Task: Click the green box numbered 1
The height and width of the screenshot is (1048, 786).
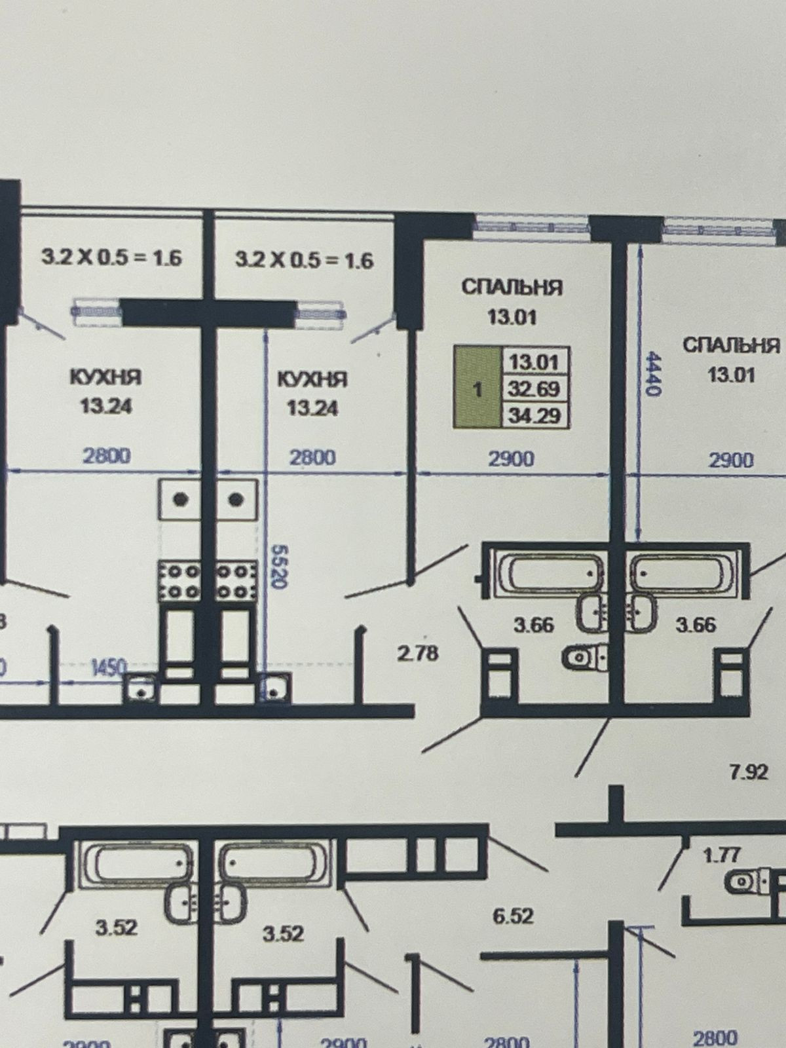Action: click(477, 388)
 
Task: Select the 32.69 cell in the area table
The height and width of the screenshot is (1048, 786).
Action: click(534, 388)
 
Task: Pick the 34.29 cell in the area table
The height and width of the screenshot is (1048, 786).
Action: click(534, 415)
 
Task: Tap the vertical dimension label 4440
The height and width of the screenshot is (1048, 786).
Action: click(653, 373)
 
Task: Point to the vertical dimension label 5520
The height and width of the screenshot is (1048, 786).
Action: click(278, 567)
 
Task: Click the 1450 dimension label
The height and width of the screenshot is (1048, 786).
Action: click(108, 667)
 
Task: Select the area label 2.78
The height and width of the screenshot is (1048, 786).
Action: click(417, 653)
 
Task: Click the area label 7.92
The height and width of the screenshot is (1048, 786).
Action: click(748, 772)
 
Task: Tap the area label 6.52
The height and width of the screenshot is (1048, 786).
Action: click(513, 915)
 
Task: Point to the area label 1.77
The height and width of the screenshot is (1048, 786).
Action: click(721, 855)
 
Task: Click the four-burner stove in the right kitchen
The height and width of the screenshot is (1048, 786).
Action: click(236, 582)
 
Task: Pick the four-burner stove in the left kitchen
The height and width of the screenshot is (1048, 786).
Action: click(179, 582)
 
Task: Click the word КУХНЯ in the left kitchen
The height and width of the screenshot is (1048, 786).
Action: click(105, 378)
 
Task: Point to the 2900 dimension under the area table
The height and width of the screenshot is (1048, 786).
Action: click(511, 458)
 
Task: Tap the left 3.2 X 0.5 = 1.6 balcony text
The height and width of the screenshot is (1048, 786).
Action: click(111, 257)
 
